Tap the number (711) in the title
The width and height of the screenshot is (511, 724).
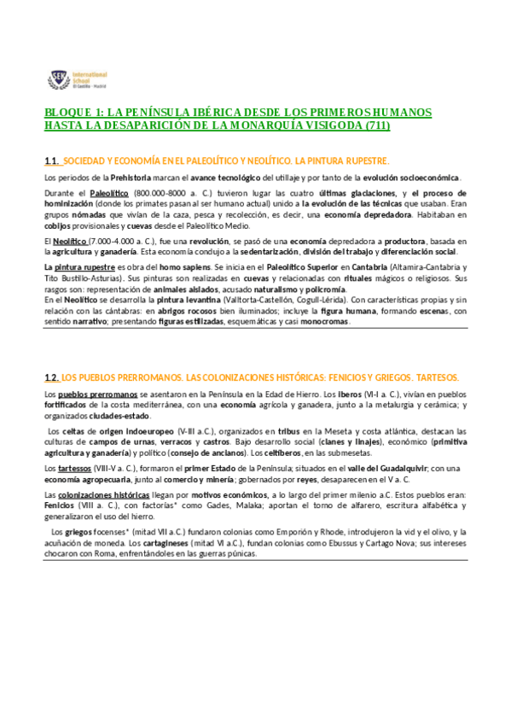pyautogui.click(x=376, y=126)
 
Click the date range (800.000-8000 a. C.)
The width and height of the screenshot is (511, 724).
pyautogui.click(x=171, y=194)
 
